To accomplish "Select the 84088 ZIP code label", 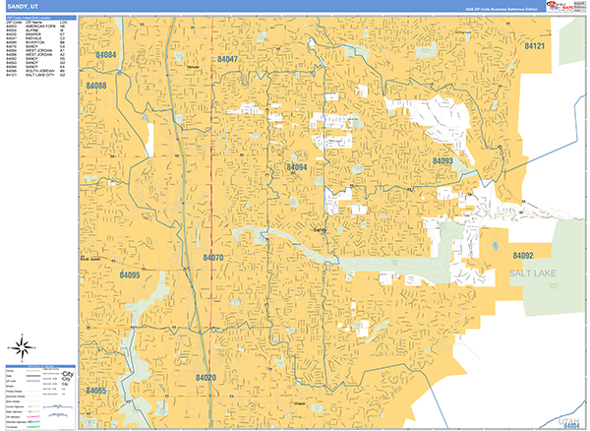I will pyautogui.click(x=96, y=86).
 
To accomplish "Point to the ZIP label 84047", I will pyautogui.click(x=227, y=60).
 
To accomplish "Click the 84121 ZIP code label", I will pyautogui.click(x=534, y=46).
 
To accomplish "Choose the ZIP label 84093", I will pyautogui.click(x=442, y=160).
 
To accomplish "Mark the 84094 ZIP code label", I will pyautogui.click(x=297, y=167).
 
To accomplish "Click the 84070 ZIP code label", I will pyautogui.click(x=213, y=258).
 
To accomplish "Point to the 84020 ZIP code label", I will pyautogui.click(x=206, y=377).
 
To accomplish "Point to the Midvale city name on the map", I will pyautogui.click(x=194, y=67).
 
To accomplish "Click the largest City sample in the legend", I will pyautogui.click(x=67, y=375).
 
